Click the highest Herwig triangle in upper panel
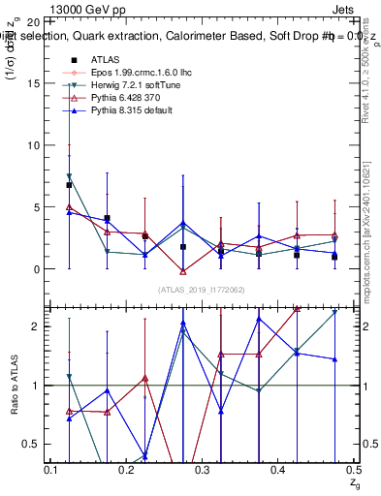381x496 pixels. tap(69, 176)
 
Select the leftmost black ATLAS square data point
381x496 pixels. tap(69, 185)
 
